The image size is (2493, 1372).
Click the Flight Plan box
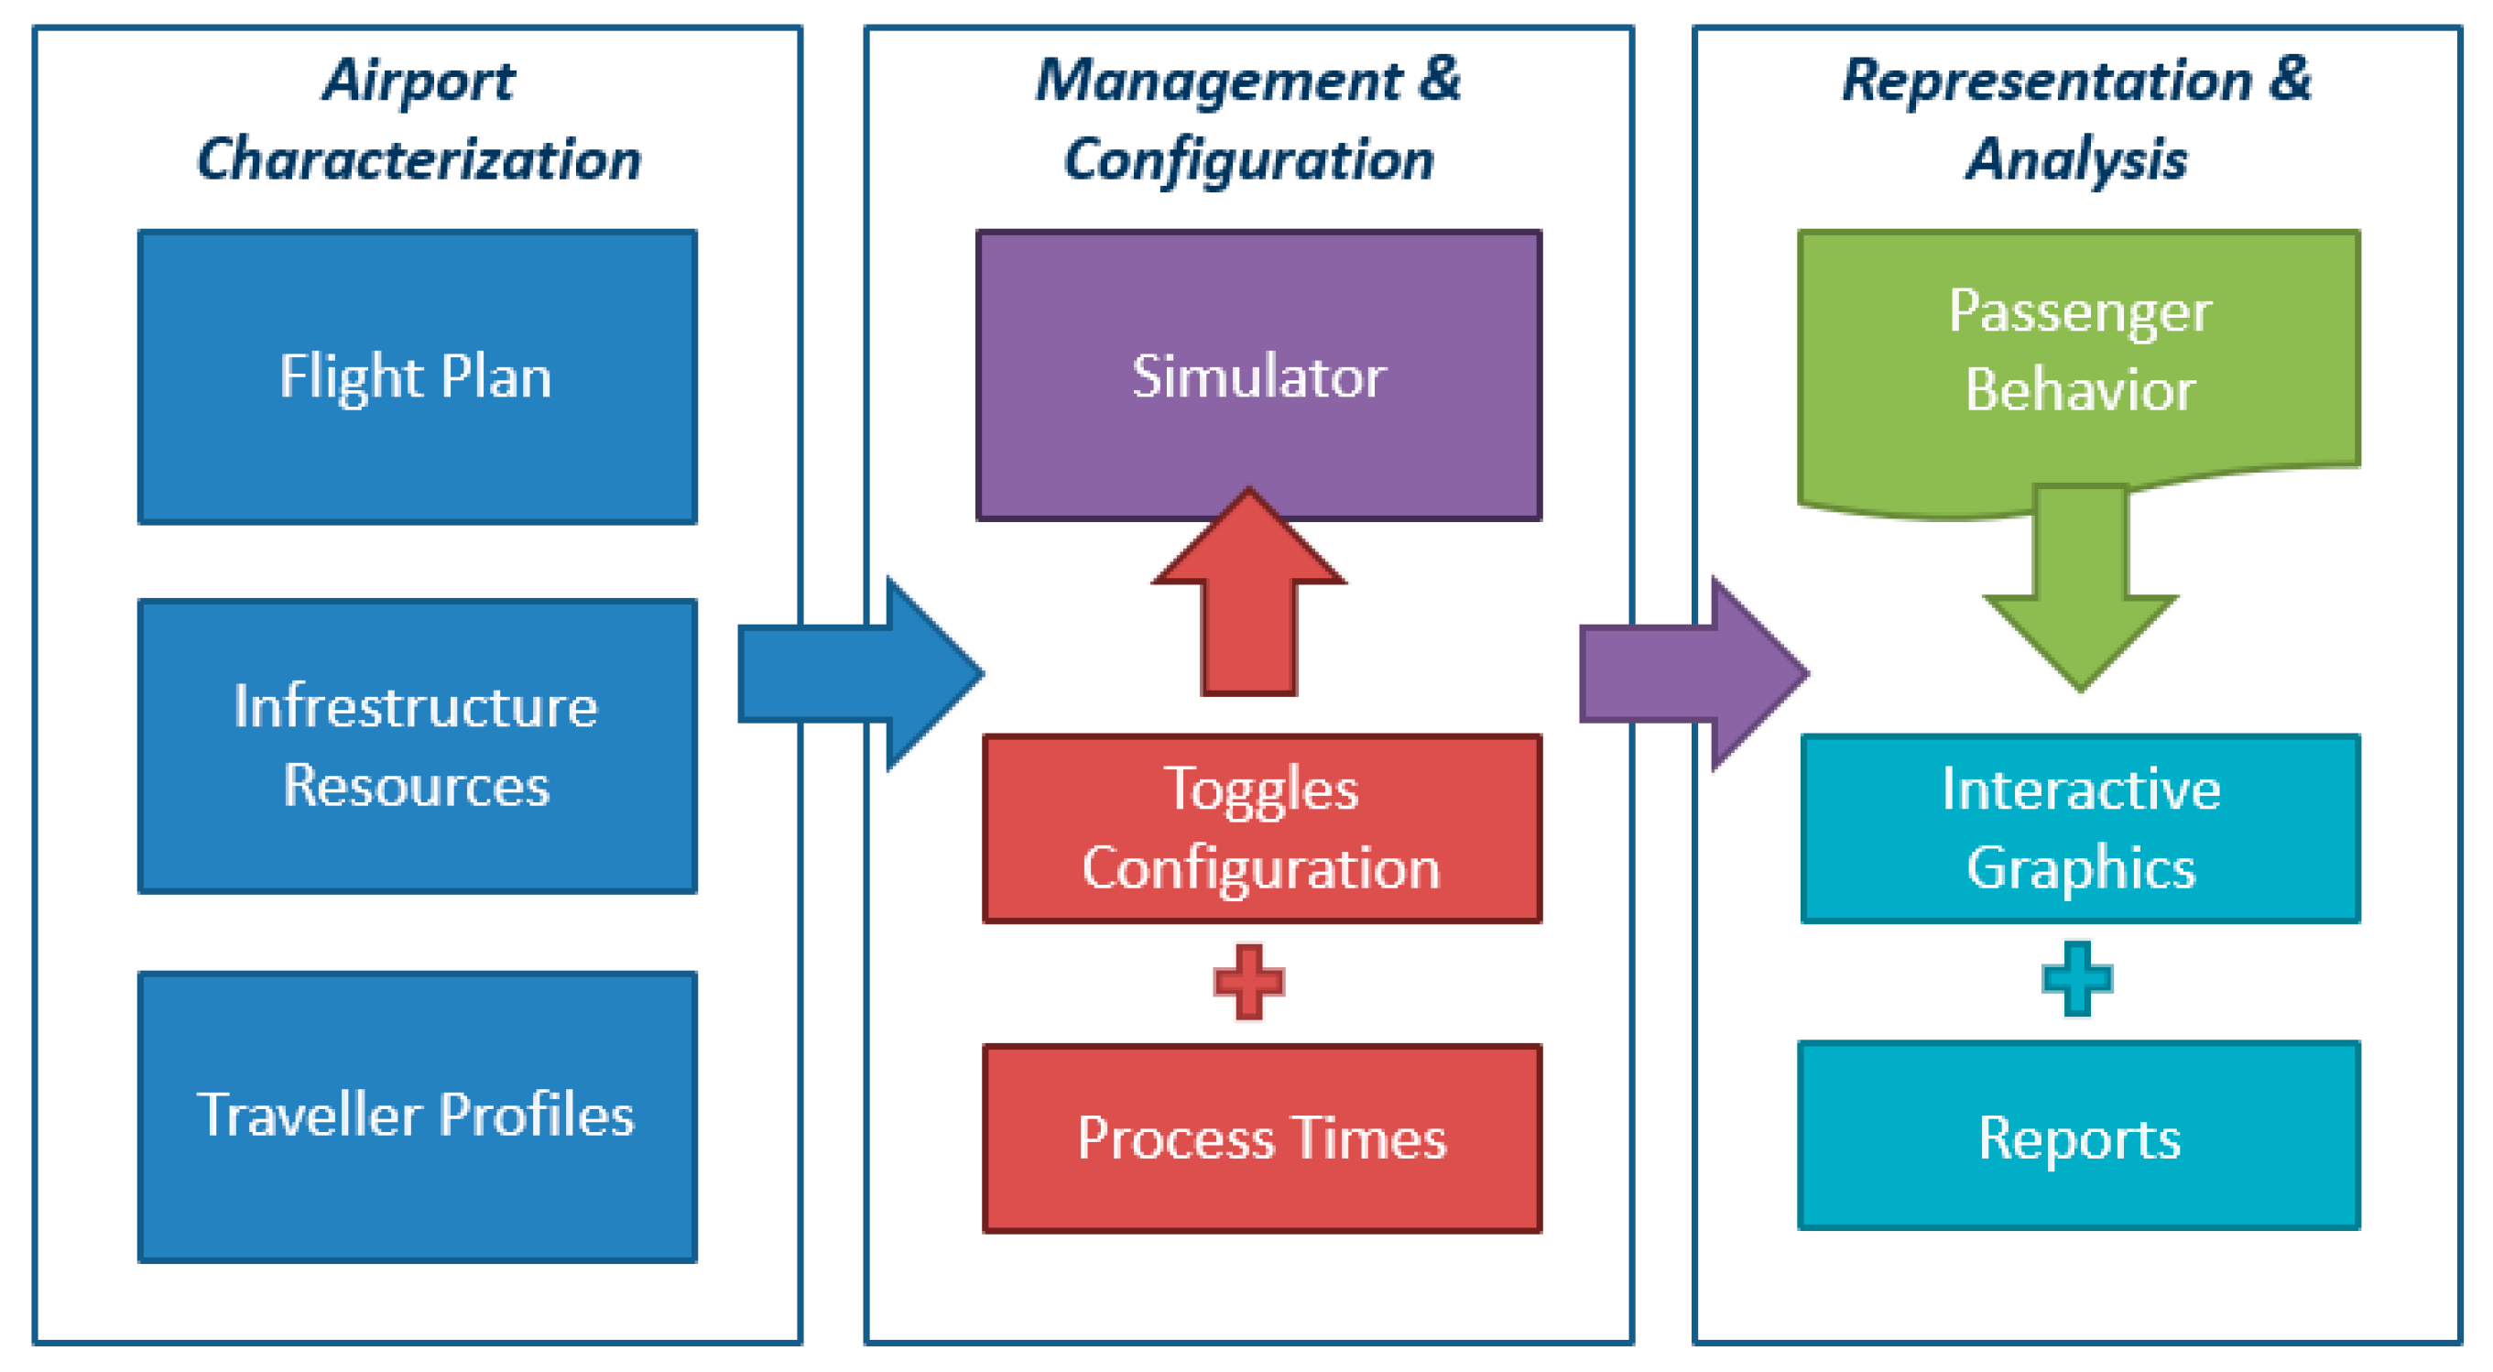(417, 376)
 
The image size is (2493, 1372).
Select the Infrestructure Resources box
(417, 745)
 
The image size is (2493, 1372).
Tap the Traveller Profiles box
(417, 1116)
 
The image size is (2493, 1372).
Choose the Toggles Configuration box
(1262, 828)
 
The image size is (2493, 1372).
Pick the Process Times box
(1262, 1138)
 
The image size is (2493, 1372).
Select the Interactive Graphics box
(2080, 828)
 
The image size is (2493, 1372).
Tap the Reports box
(2079, 1136)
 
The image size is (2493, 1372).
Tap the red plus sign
(1248, 982)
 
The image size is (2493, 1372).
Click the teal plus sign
(2077, 979)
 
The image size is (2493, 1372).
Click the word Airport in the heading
(418, 81)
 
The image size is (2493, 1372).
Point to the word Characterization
(418, 159)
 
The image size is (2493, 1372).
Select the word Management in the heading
(1217, 81)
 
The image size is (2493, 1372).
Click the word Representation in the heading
(2047, 81)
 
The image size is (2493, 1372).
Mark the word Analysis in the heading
(2077, 159)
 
